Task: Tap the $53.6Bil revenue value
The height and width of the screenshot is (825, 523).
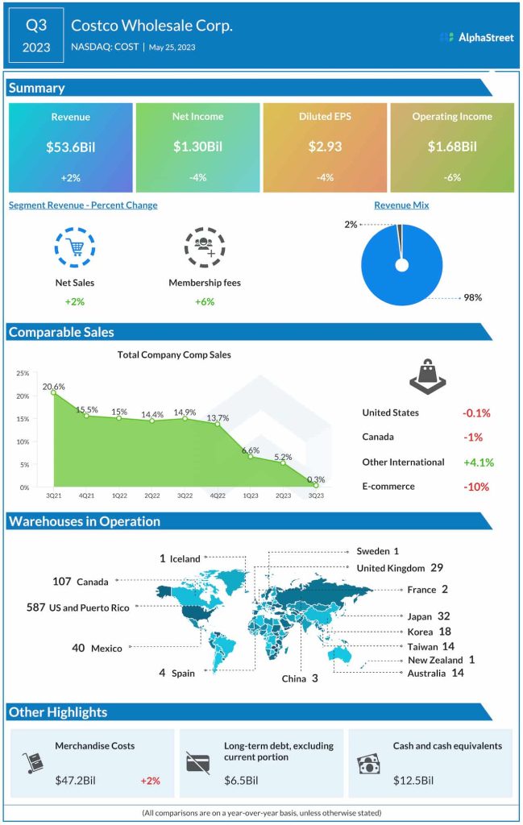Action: click(x=70, y=147)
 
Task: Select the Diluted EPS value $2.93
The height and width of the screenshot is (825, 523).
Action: click(x=325, y=147)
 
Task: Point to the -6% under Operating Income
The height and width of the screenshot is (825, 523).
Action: click(x=451, y=177)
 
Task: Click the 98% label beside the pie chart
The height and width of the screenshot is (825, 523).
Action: click(x=472, y=298)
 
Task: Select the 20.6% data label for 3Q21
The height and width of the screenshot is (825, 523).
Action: click(x=54, y=387)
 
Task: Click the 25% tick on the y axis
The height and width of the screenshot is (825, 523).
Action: click(x=23, y=374)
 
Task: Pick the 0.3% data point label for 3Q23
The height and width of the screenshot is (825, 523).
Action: click(x=316, y=479)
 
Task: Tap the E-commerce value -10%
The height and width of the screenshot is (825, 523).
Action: click(x=475, y=487)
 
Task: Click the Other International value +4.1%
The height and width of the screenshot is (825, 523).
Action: click(x=478, y=462)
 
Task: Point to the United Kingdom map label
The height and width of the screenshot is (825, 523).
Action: click(x=390, y=568)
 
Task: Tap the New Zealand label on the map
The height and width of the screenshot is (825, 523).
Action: click(x=436, y=660)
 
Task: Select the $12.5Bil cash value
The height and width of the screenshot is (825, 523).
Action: click(x=413, y=780)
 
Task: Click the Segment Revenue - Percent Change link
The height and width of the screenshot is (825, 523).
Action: click(x=83, y=205)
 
